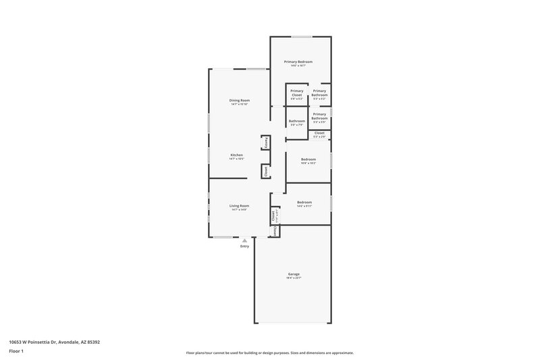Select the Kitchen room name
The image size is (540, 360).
click(236, 155)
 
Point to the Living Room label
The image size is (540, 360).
click(239, 205)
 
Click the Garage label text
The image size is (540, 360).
click(294, 274)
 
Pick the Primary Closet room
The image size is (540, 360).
click(296, 93)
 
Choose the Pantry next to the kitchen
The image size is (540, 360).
click(266, 143)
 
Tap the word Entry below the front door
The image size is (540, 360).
click(244, 246)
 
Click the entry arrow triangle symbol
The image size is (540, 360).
click(244, 240)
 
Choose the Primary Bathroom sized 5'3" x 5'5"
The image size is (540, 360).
click(319, 116)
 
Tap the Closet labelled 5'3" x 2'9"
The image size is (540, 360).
click(319, 134)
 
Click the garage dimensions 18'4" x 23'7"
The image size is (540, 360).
click(294, 278)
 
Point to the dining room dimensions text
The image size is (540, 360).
click(239, 104)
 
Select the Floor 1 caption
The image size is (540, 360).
click(16, 351)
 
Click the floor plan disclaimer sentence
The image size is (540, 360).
click(269, 353)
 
